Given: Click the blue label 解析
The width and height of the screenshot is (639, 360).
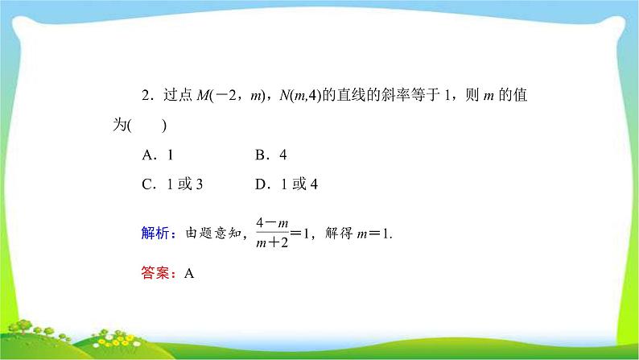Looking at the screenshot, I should pos(155,234).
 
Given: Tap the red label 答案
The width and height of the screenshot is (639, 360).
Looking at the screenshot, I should pos(155,273).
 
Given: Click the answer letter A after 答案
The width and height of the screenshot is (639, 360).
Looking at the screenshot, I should pos(189,273).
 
